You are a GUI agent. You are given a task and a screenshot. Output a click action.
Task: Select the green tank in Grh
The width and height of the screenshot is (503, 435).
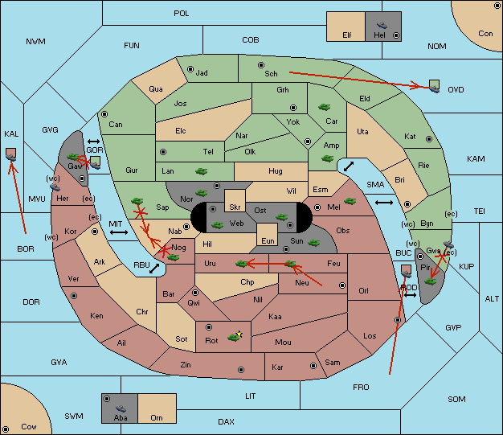tap(325, 105)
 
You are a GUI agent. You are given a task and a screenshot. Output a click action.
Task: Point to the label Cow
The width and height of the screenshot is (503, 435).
tap(29, 426)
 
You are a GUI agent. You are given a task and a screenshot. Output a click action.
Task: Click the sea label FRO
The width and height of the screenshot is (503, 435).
tap(361, 388)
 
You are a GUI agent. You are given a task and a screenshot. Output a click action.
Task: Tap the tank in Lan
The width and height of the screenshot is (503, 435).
tap(200, 170)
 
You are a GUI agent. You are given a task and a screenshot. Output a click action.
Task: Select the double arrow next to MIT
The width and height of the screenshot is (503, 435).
tap(120, 232)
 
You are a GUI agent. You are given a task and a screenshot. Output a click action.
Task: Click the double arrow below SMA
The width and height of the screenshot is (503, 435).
tap(384, 203)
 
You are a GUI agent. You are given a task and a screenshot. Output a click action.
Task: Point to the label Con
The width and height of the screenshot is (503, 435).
tap(485, 34)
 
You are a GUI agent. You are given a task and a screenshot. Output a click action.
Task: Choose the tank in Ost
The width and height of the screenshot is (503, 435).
tap(280, 216)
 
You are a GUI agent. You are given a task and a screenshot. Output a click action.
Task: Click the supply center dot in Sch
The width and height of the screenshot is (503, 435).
tap(260, 64)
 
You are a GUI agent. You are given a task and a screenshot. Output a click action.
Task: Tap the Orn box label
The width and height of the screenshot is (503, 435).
tap(156, 417)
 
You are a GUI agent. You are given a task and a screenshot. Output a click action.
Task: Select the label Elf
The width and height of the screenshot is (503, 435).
tap(347, 35)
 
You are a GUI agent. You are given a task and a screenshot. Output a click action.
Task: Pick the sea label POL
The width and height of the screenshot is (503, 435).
tap(182, 14)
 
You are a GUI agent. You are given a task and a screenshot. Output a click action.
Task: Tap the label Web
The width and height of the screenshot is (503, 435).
tap(236, 223)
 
